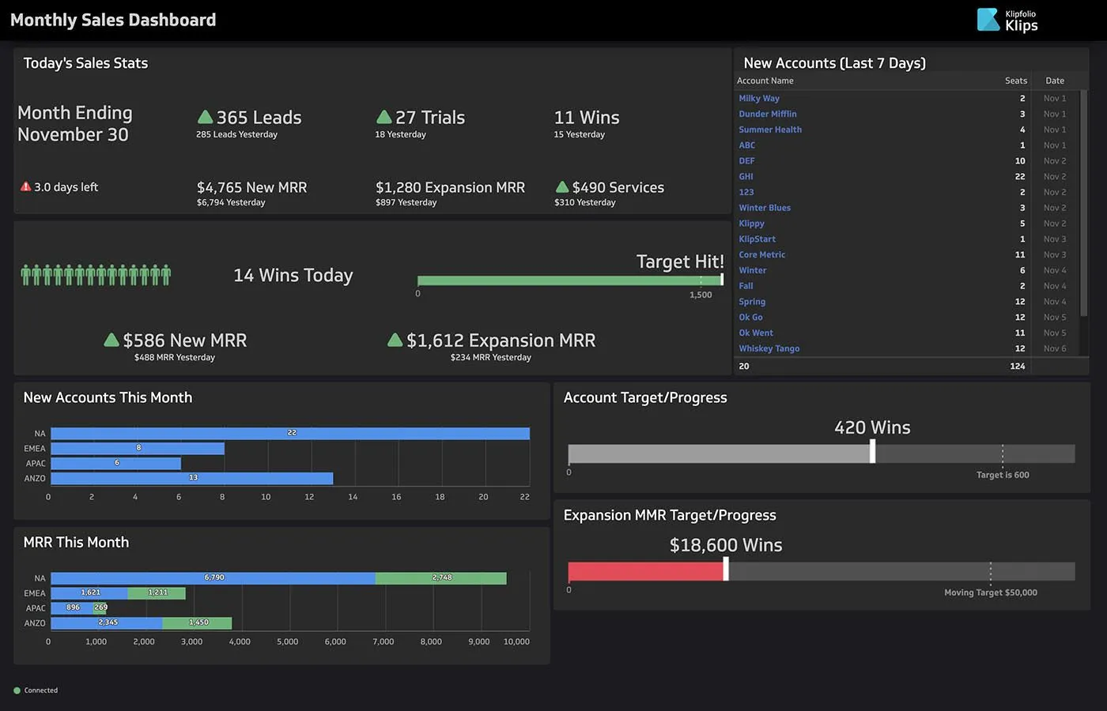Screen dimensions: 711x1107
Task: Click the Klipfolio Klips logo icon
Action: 988,20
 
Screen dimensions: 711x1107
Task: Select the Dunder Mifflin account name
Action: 767,114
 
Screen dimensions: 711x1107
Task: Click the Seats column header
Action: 1015,81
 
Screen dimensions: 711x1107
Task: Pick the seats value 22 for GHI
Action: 1019,176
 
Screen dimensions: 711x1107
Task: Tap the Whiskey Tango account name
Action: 769,348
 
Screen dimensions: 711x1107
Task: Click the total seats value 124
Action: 1017,366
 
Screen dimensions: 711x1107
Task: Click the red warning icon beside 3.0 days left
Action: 26,187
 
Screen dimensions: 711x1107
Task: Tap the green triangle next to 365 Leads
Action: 205,117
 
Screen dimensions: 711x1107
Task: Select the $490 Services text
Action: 618,187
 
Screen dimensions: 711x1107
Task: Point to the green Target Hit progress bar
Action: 569,280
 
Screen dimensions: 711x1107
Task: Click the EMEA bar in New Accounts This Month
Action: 138,448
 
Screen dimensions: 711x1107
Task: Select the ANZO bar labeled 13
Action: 191,478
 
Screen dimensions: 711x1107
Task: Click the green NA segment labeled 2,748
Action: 440,578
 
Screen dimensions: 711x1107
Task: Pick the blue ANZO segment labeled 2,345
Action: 107,623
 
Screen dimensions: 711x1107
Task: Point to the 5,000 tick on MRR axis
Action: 288,641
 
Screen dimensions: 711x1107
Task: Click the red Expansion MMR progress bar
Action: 645,570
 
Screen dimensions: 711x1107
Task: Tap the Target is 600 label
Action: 1002,475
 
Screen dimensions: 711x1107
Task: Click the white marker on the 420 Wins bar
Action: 872,452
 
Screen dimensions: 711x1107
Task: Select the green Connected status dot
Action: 17,690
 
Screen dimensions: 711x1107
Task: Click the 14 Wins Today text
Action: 293,275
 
